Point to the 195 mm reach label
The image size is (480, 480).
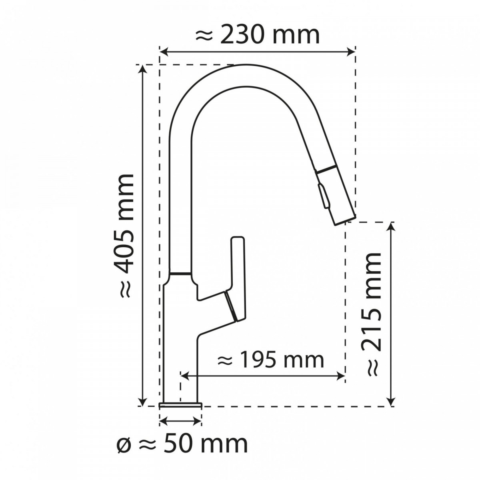coord(270,360)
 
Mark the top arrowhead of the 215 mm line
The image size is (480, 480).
coord(392,226)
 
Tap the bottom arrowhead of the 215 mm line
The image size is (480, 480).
coord(392,402)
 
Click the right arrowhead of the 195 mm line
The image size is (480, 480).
coord(341,375)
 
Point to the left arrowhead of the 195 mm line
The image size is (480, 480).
coord(184,375)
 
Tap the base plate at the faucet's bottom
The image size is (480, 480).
coord(180,406)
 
